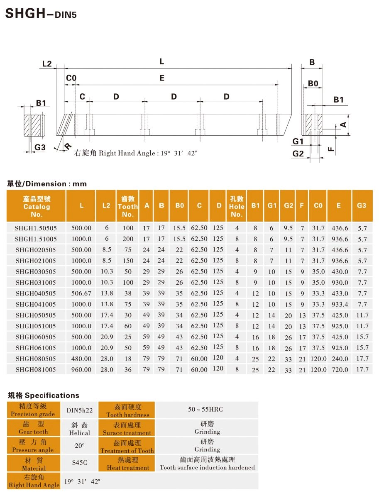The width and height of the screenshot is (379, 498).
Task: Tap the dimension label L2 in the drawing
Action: [47, 64]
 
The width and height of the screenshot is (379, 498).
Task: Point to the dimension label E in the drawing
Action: [162, 78]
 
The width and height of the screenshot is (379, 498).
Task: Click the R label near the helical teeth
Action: [67, 146]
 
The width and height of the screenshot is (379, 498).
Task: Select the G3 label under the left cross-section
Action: [40, 147]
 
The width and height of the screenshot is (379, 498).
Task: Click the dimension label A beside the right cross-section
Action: [343, 124]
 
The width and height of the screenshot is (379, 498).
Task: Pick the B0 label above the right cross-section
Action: [313, 84]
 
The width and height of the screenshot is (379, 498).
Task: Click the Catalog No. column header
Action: [37, 206]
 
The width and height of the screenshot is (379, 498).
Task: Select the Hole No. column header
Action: [237, 206]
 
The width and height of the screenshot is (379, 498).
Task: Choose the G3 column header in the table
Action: [362, 205]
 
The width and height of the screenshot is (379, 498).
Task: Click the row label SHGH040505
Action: [36, 293]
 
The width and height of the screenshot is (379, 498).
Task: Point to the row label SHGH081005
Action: [36, 369]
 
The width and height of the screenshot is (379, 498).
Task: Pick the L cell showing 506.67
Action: [81, 293]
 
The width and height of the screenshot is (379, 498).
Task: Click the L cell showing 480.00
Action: [81, 359]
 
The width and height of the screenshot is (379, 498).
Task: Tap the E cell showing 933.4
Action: [340, 304]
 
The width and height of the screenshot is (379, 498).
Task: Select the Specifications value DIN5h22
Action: [80, 410]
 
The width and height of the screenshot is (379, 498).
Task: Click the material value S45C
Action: [80, 462]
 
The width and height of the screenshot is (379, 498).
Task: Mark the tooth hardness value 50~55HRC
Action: [205, 410]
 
